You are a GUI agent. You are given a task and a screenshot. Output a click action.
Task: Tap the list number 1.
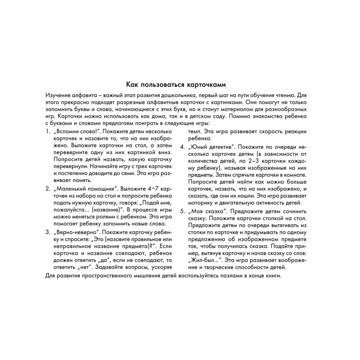pyautogui.click(x=47, y=132)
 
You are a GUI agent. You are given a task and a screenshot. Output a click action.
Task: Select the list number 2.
pyautogui.click(x=47, y=189)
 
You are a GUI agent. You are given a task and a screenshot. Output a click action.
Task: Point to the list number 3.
pyautogui.click(x=47, y=232)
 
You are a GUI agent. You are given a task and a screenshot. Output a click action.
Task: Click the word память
pyautogui.click(x=81, y=180)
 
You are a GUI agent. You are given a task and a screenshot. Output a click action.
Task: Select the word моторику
pyautogui.click(x=201, y=203)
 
